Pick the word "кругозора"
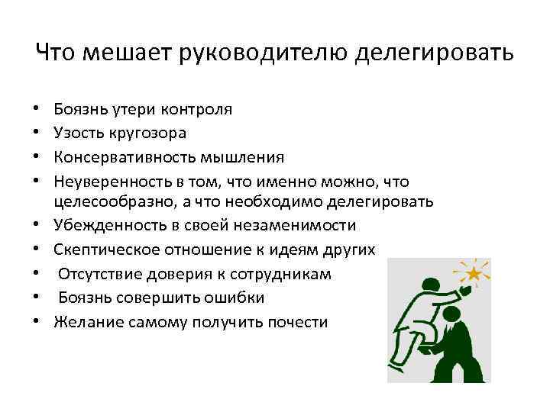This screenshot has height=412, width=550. tap(147, 133)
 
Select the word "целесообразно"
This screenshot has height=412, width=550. tap(105, 201)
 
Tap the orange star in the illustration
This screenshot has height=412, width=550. tap(475, 272)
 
